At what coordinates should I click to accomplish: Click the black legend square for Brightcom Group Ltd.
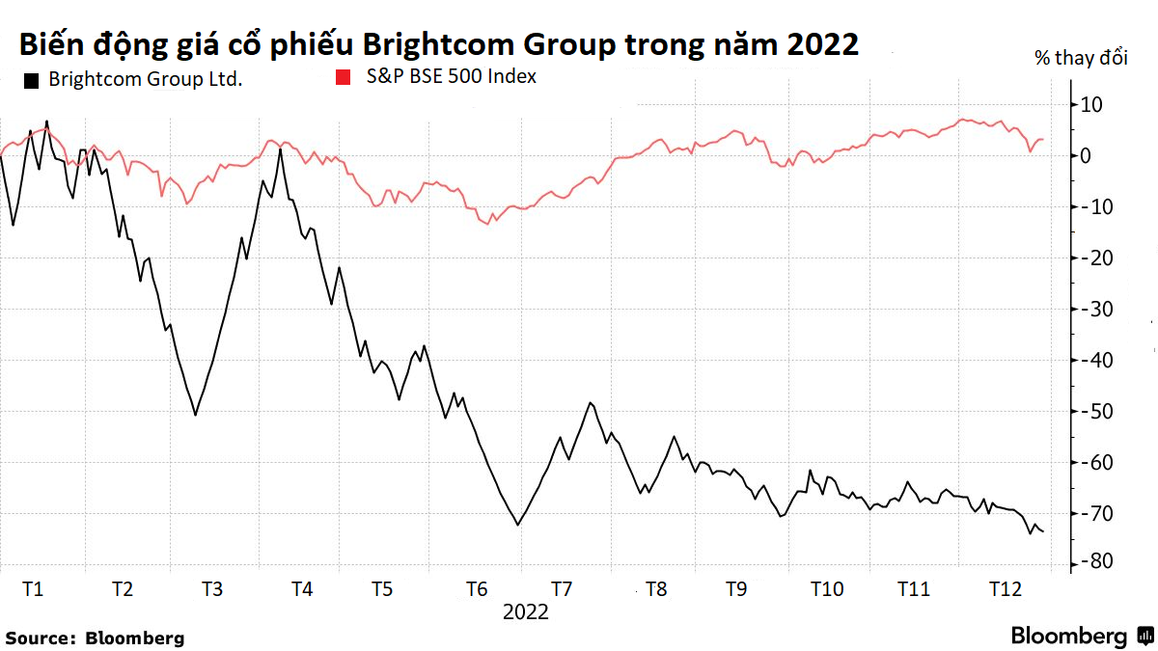[x=30, y=79]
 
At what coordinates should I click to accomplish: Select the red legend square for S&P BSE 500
[x=341, y=75]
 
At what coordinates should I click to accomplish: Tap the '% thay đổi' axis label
[x=1080, y=59]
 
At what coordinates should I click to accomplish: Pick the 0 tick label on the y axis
[x=1086, y=155]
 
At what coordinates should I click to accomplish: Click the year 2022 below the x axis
[x=525, y=611]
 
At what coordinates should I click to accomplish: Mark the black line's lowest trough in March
[x=195, y=415]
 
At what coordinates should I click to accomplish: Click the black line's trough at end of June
[x=518, y=525]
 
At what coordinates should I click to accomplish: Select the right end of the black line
[x=1043, y=531]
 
